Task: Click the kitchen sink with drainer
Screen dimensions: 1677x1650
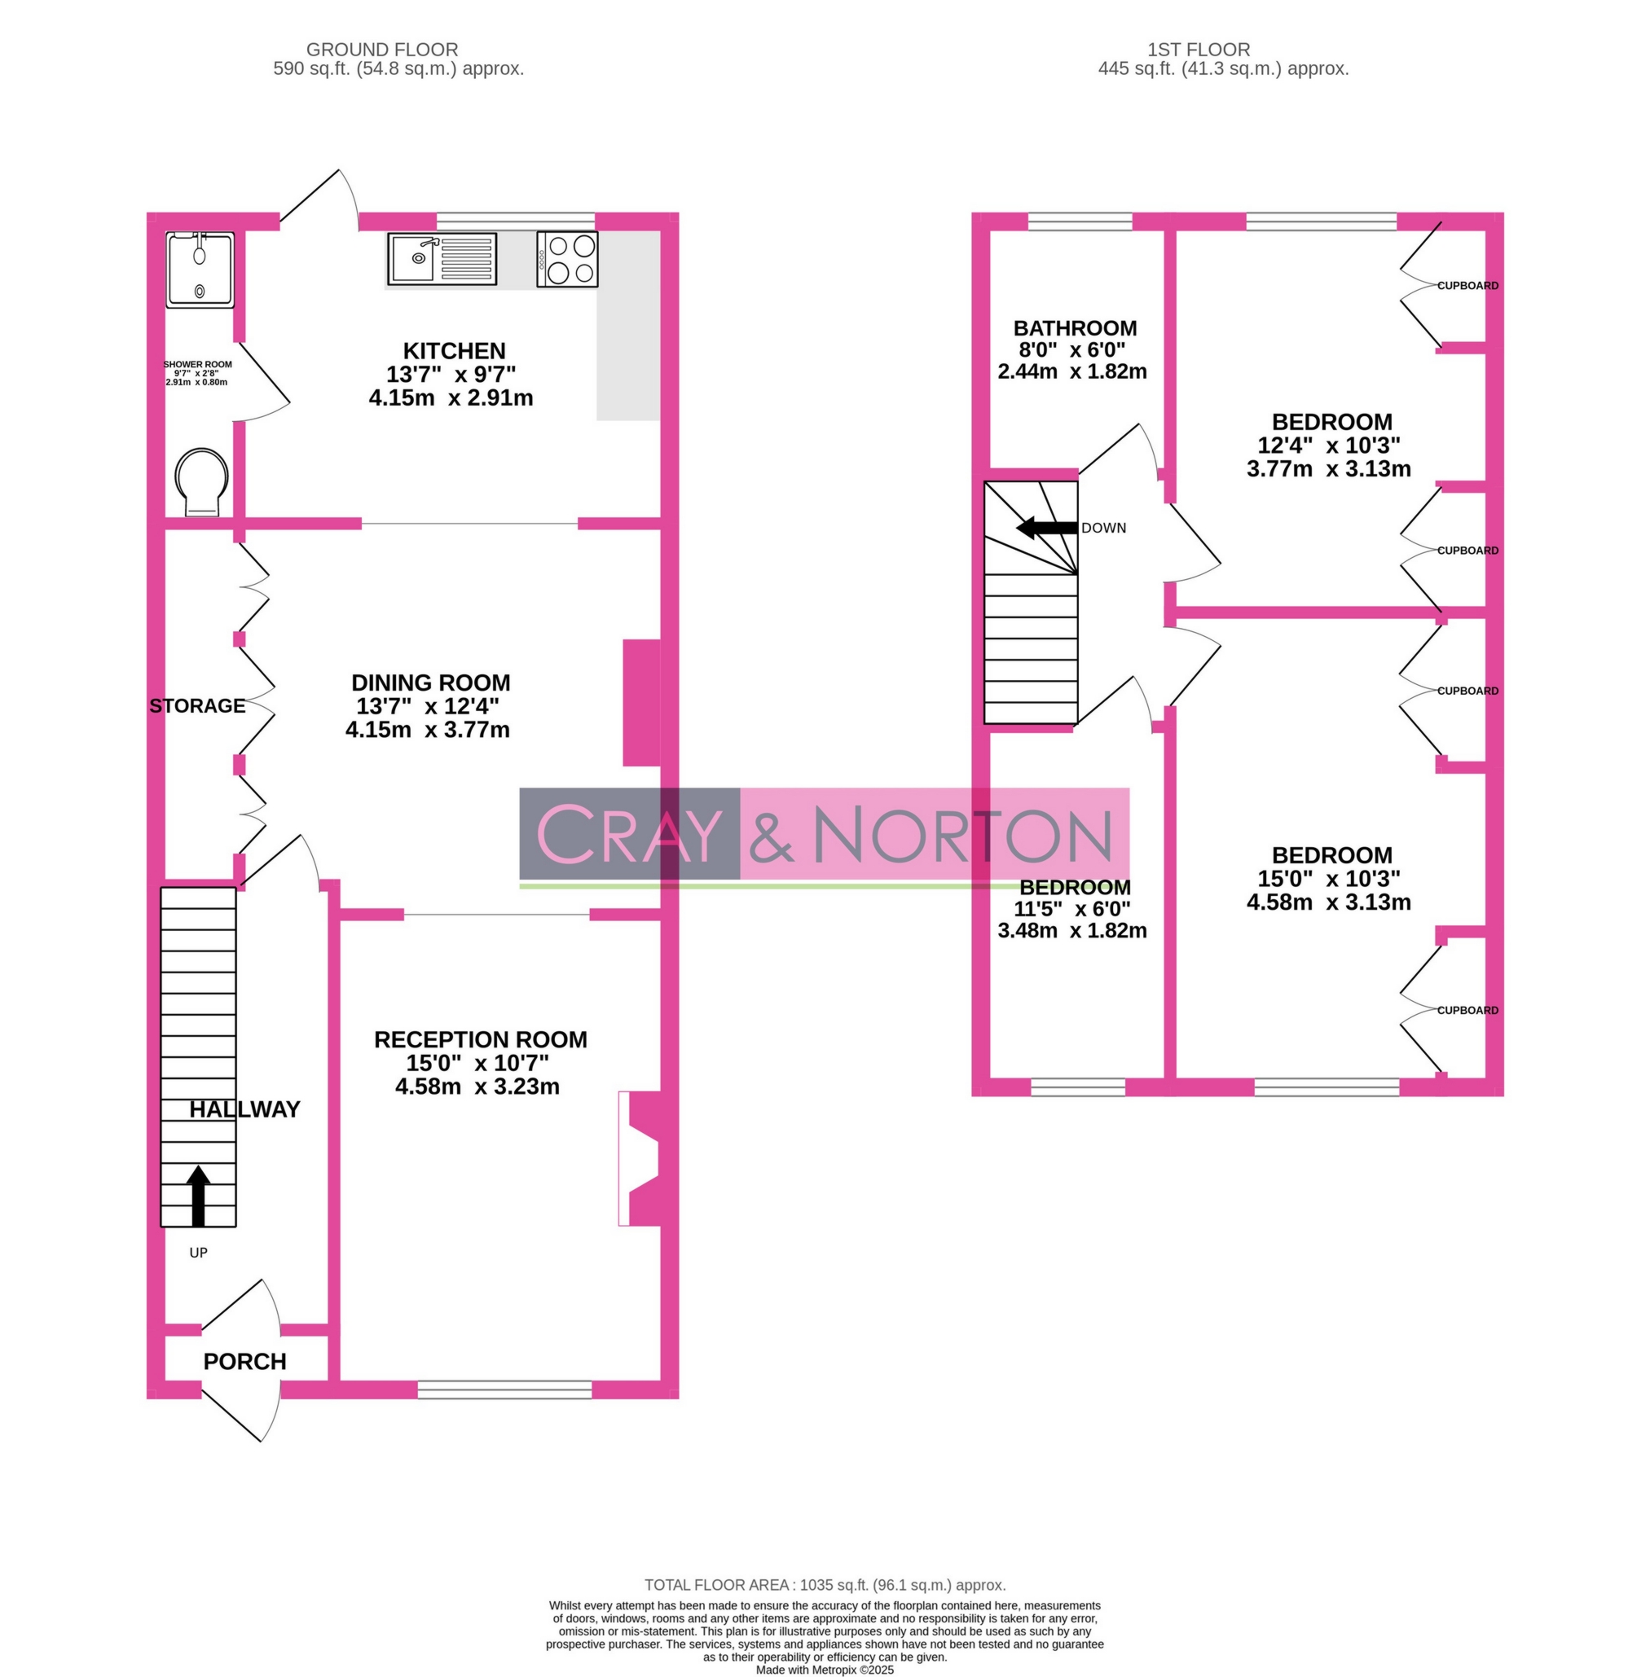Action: coord(442,258)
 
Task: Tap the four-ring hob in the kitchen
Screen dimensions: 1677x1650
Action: coord(567,258)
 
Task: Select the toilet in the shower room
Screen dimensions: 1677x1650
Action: coord(202,482)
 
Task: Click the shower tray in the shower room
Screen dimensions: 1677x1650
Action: coord(200,269)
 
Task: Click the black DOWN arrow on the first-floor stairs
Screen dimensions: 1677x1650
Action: coord(1046,527)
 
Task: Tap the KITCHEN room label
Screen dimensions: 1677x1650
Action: coord(453,351)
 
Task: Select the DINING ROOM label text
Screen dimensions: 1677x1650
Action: coord(430,682)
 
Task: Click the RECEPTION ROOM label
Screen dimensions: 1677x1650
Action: coord(480,1038)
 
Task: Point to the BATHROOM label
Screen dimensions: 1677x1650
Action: coord(1075,328)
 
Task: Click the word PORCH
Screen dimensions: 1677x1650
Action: coord(244,1361)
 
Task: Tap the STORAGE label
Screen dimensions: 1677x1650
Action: coord(197,705)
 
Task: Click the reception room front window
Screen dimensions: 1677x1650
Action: coord(504,1389)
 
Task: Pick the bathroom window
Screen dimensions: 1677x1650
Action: coord(1080,222)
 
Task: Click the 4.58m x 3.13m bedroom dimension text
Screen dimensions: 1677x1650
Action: coord(1328,902)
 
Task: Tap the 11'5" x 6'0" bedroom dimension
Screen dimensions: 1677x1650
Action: coord(1072,909)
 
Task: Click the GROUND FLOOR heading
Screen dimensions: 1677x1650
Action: coord(382,50)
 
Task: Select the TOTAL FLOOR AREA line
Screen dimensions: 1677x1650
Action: coord(824,1584)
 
